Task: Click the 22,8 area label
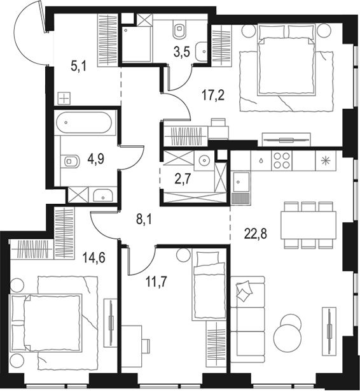pos(256,234)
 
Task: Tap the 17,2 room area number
pos(213,96)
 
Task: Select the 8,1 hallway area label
pos(144,220)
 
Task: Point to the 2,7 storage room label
pos(183,179)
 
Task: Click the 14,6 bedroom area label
pos(94,257)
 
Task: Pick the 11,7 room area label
pos(156,282)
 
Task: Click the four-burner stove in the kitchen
pos(282,160)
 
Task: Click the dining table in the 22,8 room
pos(308,225)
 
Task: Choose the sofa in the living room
pos(247,319)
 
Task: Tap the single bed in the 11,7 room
pos(209,286)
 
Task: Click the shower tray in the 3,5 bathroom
pos(136,44)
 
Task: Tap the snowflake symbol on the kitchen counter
pos(326,160)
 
